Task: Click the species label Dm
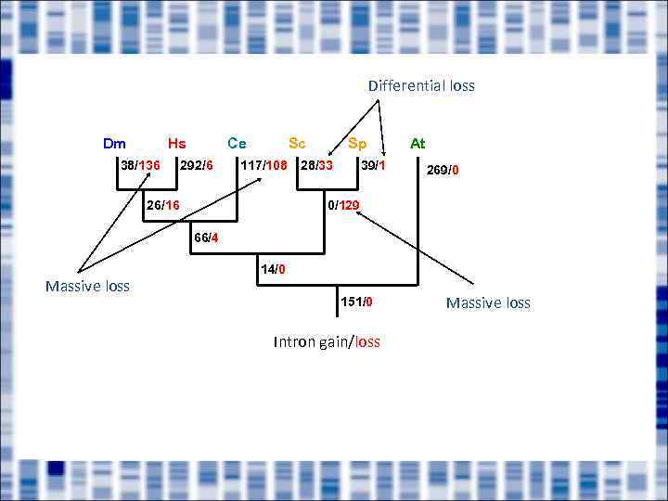(115, 144)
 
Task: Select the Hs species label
(176, 144)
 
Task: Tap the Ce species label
(237, 143)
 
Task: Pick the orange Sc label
(297, 143)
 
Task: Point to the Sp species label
(357, 144)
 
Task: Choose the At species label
(417, 144)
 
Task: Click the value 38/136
(140, 166)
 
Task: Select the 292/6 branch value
(197, 166)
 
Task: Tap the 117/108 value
(263, 166)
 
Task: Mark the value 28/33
(316, 166)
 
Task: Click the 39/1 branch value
(373, 166)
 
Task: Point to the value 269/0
(443, 170)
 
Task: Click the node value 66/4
(206, 238)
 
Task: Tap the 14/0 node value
(273, 270)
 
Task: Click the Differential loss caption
(421, 86)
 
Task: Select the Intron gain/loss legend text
(327, 342)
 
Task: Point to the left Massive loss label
(87, 287)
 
